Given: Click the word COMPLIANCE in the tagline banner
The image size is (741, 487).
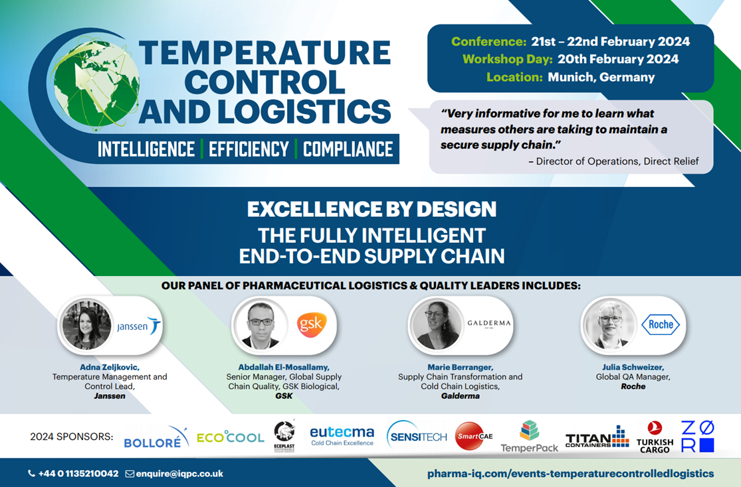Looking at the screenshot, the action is pyautogui.click(x=348, y=149).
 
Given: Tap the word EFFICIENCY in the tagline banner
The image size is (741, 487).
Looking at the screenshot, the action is pyautogui.click(x=249, y=149).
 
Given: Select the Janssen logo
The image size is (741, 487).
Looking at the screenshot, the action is pyautogui.click(x=139, y=326).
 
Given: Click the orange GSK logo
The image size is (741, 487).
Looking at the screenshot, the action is pyautogui.click(x=312, y=324).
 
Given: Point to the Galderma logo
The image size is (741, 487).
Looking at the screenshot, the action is pyautogui.click(x=489, y=324).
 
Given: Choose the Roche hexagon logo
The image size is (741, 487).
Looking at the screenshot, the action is pyautogui.click(x=661, y=324).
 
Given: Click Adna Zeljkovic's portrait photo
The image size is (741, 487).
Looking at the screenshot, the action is pyautogui.click(x=86, y=325).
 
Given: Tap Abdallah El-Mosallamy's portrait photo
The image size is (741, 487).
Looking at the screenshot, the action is pyautogui.click(x=261, y=324).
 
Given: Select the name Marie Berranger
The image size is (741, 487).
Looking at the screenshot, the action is pyautogui.click(x=461, y=367).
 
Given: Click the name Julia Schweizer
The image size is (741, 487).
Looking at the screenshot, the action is pyautogui.click(x=633, y=367).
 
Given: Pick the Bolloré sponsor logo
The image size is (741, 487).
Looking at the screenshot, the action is pyautogui.click(x=156, y=437).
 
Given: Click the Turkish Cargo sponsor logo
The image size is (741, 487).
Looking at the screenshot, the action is pyautogui.click(x=655, y=437).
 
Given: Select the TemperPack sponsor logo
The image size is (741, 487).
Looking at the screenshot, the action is pyautogui.click(x=529, y=437).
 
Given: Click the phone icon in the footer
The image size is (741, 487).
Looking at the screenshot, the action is pyautogui.click(x=32, y=473).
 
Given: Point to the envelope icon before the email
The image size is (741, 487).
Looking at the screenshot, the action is pyautogui.click(x=130, y=474).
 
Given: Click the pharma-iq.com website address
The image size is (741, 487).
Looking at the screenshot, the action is pyautogui.click(x=570, y=473).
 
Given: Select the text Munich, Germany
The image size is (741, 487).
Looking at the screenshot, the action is pyautogui.click(x=601, y=78).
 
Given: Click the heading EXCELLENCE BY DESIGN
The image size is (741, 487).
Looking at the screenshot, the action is pyautogui.click(x=372, y=209).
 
